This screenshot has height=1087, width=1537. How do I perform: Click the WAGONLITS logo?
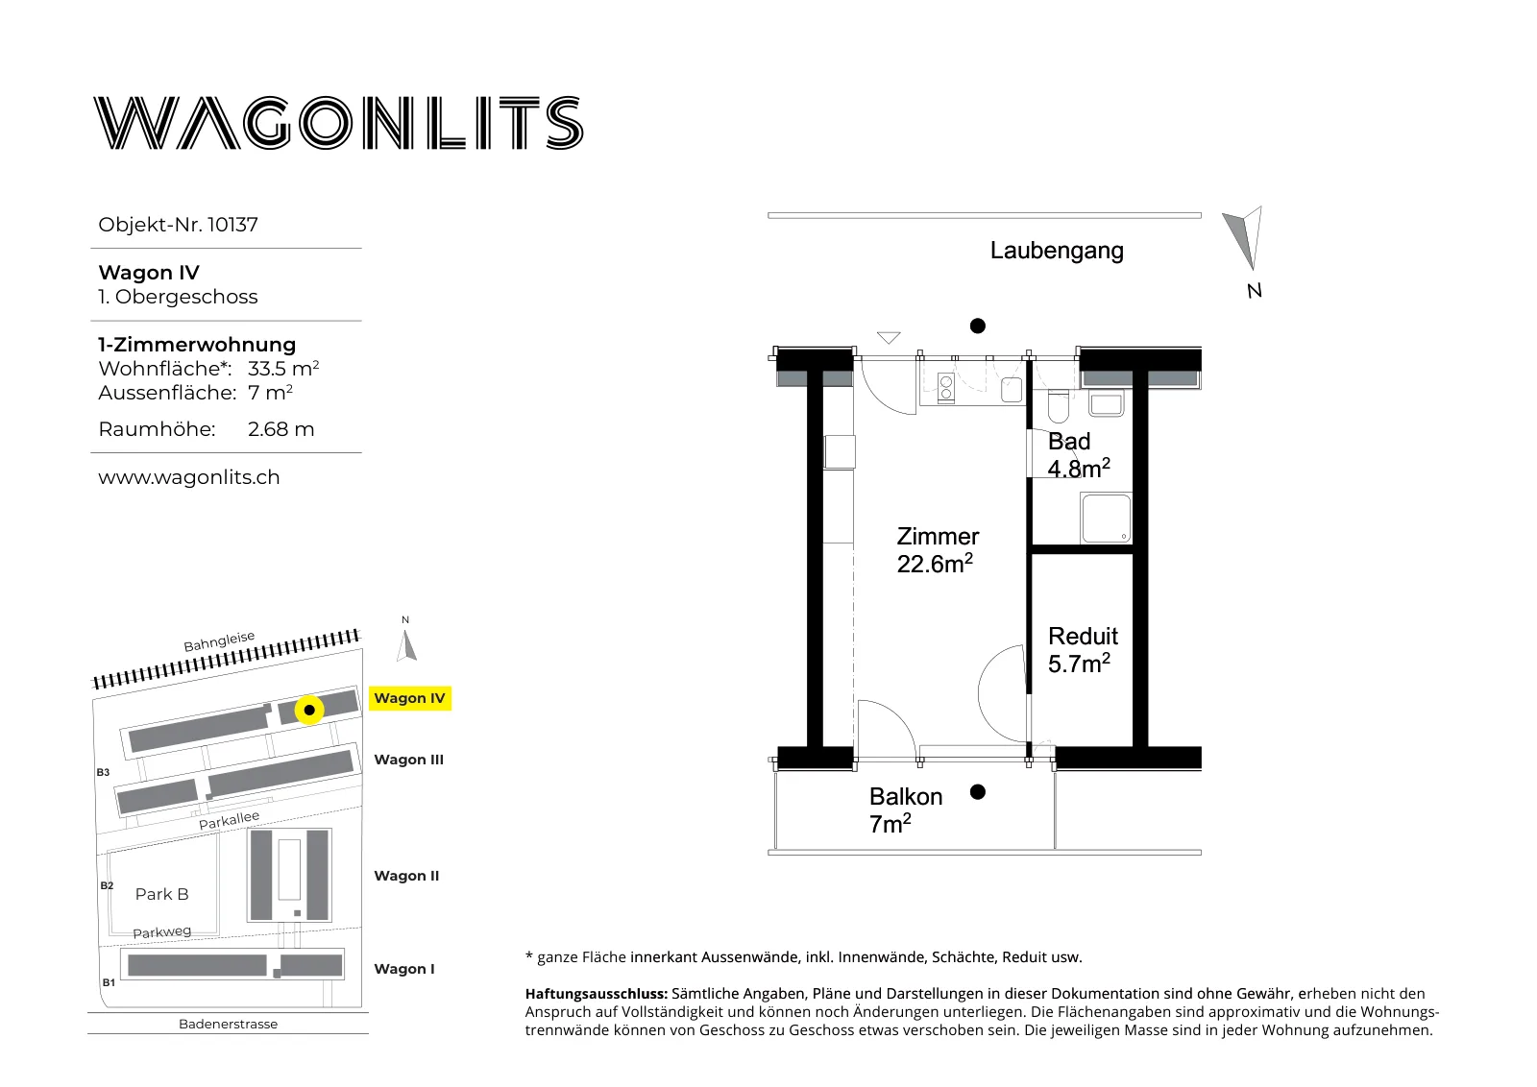[x=338, y=123]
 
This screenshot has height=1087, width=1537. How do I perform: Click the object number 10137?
[x=232, y=225]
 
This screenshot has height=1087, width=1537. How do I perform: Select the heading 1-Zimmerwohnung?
[x=197, y=345]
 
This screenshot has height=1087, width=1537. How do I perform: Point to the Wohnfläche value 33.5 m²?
[x=283, y=369]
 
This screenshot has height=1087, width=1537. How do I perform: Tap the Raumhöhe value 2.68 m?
[x=281, y=429]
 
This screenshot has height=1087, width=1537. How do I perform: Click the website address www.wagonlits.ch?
[x=188, y=477]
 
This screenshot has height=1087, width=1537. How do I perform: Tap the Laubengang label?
[x=1057, y=251]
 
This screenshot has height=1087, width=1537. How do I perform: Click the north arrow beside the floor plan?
[x=1245, y=237]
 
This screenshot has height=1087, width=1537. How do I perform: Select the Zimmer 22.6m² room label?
[x=938, y=550]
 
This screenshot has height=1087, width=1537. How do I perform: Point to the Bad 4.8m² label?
[x=1079, y=455]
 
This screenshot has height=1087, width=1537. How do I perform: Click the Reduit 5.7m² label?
[x=1083, y=650]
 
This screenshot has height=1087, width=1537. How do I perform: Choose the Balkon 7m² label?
[x=906, y=809]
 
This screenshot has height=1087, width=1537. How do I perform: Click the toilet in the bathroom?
[x=1059, y=407]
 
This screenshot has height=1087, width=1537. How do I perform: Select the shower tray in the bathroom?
[x=1106, y=518]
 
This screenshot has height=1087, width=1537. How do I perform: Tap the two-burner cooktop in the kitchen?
[x=945, y=388]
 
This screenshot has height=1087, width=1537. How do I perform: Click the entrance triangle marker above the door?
[x=889, y=337]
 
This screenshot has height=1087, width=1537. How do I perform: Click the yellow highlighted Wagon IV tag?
[x=409, y=698]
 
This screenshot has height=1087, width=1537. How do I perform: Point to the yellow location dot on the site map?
[x=309, y=711]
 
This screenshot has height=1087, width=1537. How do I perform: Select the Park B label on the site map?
[x=162, y=894]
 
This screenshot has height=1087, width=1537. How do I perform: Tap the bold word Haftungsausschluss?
[x=597, y=994]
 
